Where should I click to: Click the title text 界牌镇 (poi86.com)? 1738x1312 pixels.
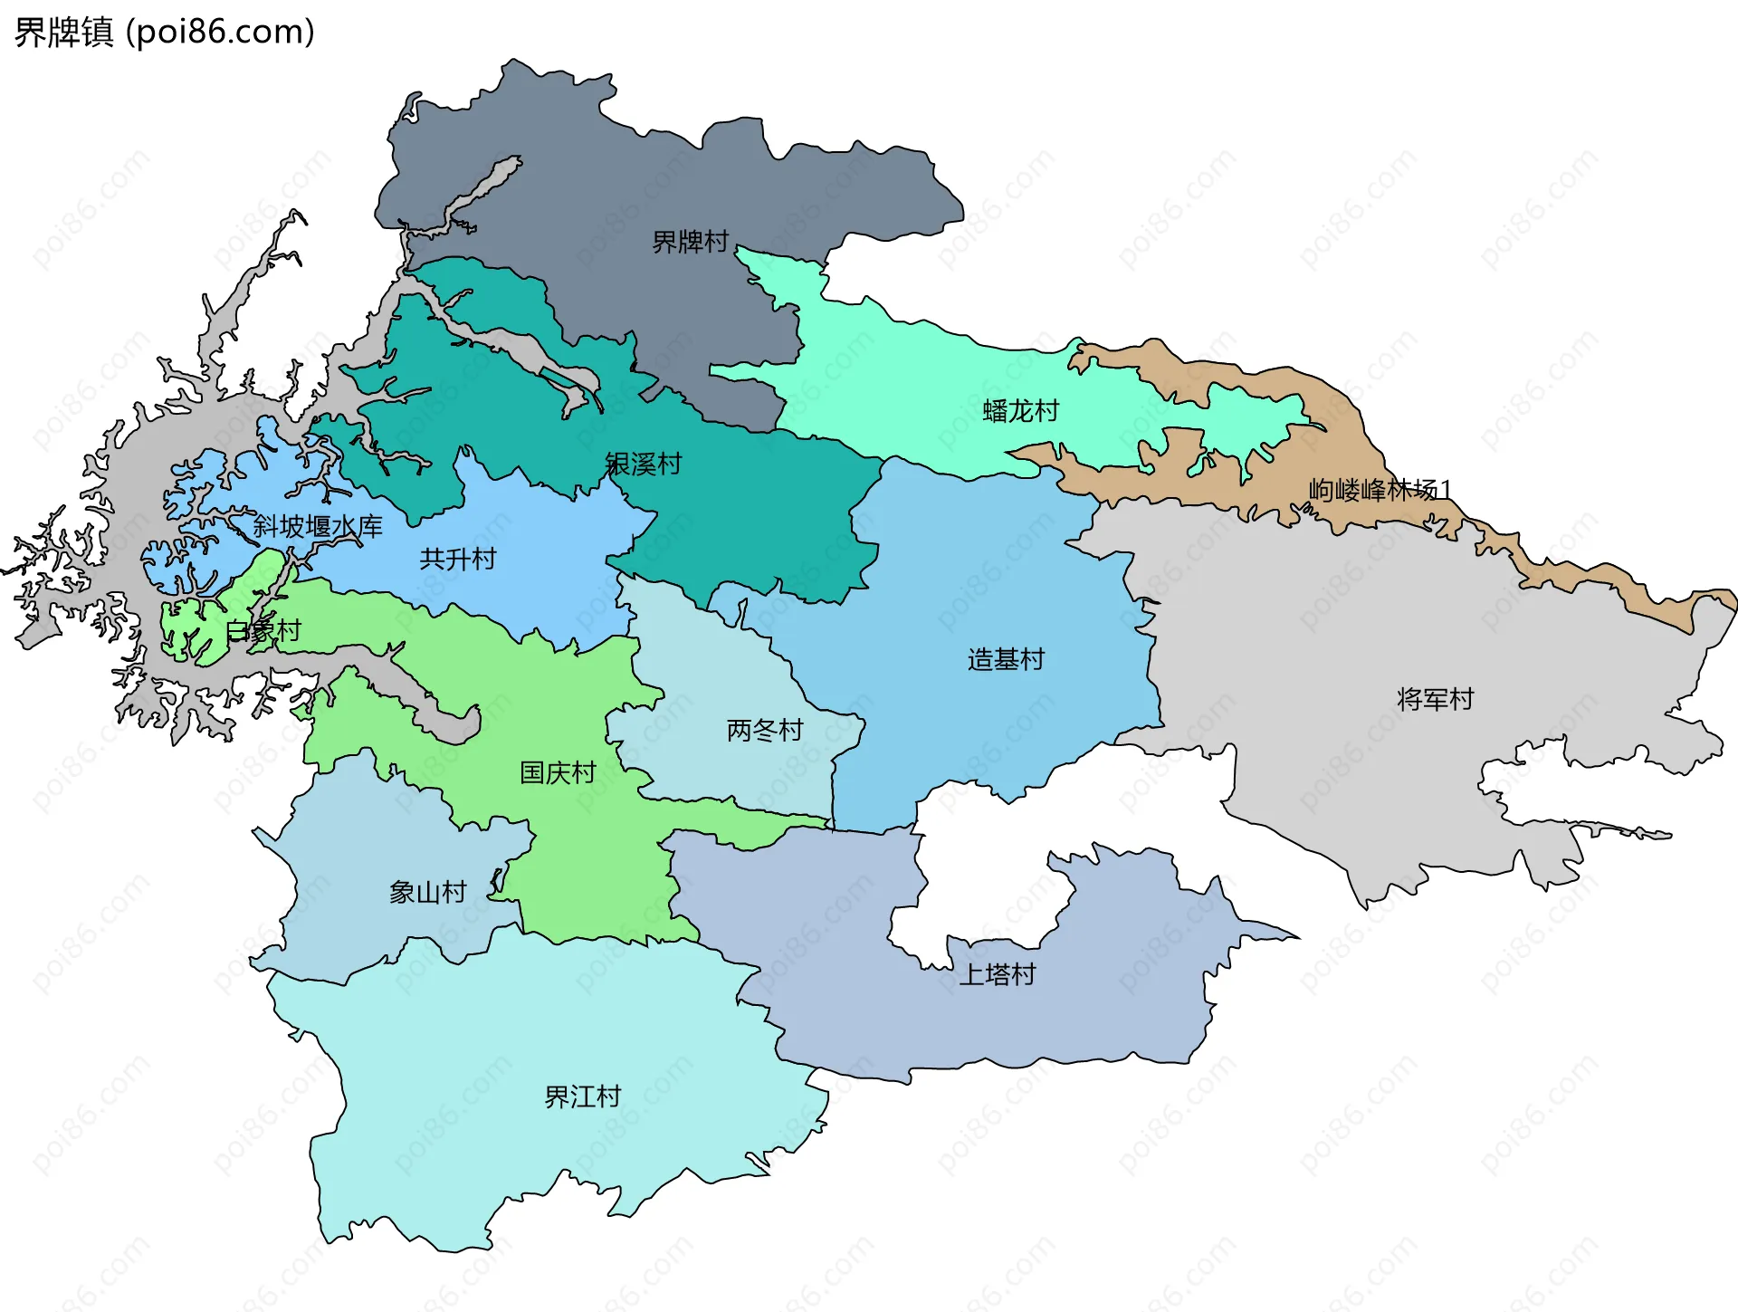(x=164, y=32)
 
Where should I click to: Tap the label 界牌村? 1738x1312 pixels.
(x=690, y=242)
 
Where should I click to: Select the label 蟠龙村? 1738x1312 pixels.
(x=1020, y=411)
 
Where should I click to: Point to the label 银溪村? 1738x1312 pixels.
(x=643, y=464)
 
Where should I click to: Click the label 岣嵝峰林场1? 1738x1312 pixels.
(x=1380, y=490)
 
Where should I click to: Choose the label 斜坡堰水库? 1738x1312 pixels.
(x=317, y=526)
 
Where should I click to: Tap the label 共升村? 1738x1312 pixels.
(x=458, y=559)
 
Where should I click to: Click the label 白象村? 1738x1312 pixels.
(x=263, y=631)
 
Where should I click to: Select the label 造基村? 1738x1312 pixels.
(x=1006, y=659)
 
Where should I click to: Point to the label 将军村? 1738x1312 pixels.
(x=1435, y=699)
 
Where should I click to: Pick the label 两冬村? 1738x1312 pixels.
(x=765, y=730)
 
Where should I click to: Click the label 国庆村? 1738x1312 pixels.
(x=558, y=772)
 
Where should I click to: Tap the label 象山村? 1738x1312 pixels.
(x=427, y=893)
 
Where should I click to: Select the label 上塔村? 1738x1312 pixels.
(x=997, y=974)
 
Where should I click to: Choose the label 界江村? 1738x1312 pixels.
(x=582, y=1097)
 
